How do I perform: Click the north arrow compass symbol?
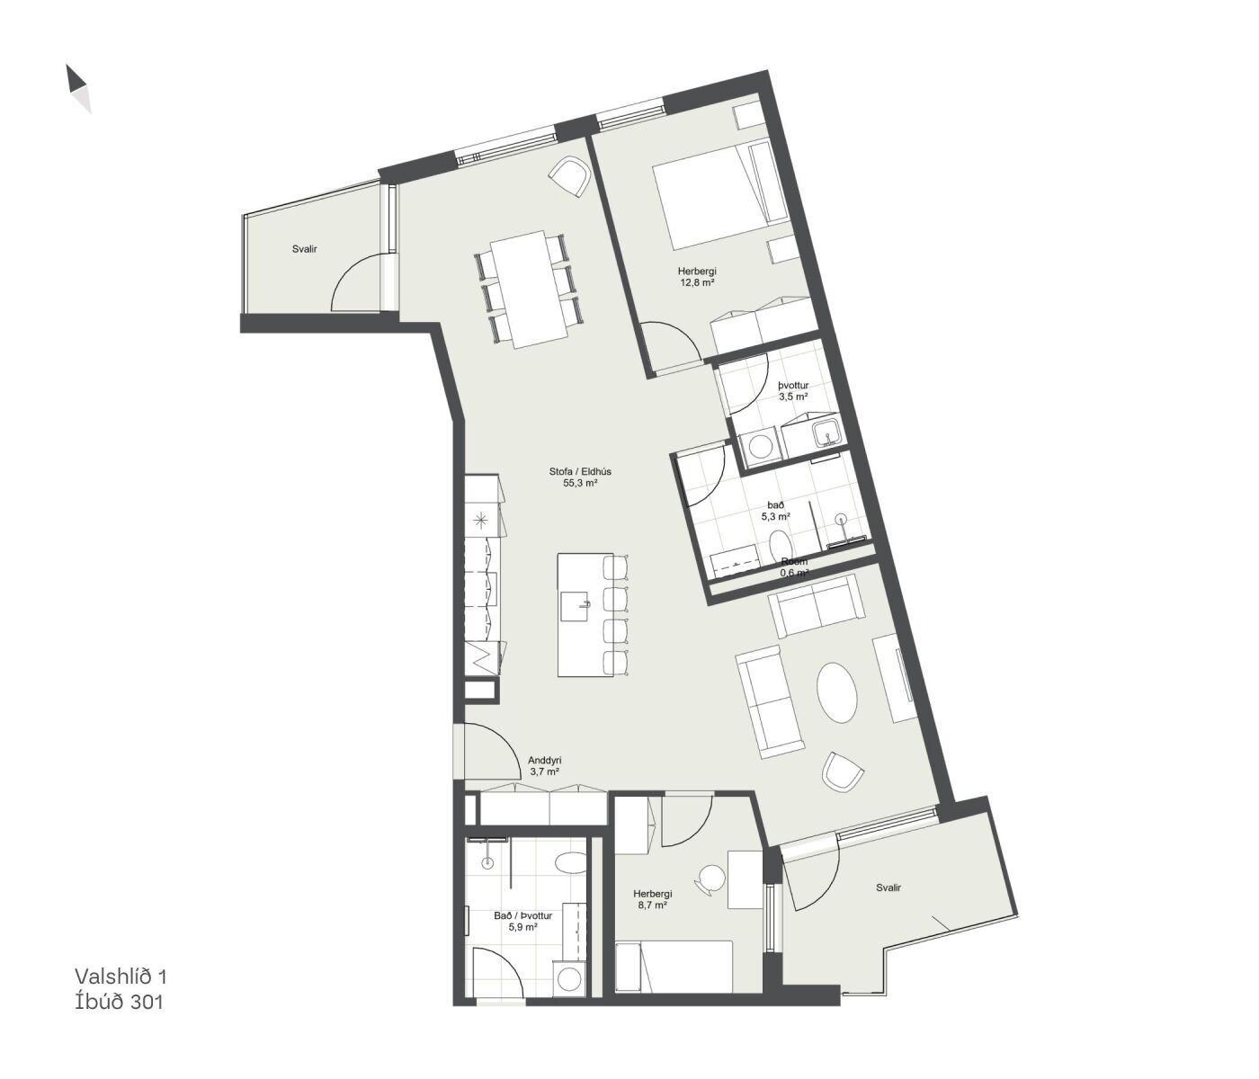(x=79, y=89)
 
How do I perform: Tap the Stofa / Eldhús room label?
(x=580, y=471)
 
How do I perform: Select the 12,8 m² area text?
(x=697, y=282)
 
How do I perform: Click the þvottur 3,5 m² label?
(x=792, y=390)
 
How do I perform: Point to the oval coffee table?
(x=838, y=693)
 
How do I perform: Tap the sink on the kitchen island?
(x=575, y=606)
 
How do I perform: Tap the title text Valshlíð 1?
(x=121, y=976)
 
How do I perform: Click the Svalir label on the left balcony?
(x=305, y=249)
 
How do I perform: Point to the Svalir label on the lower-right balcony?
(x=888, y=887)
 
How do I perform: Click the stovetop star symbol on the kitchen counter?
(x=481, y=520)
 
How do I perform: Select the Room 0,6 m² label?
(x=795, y=566)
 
